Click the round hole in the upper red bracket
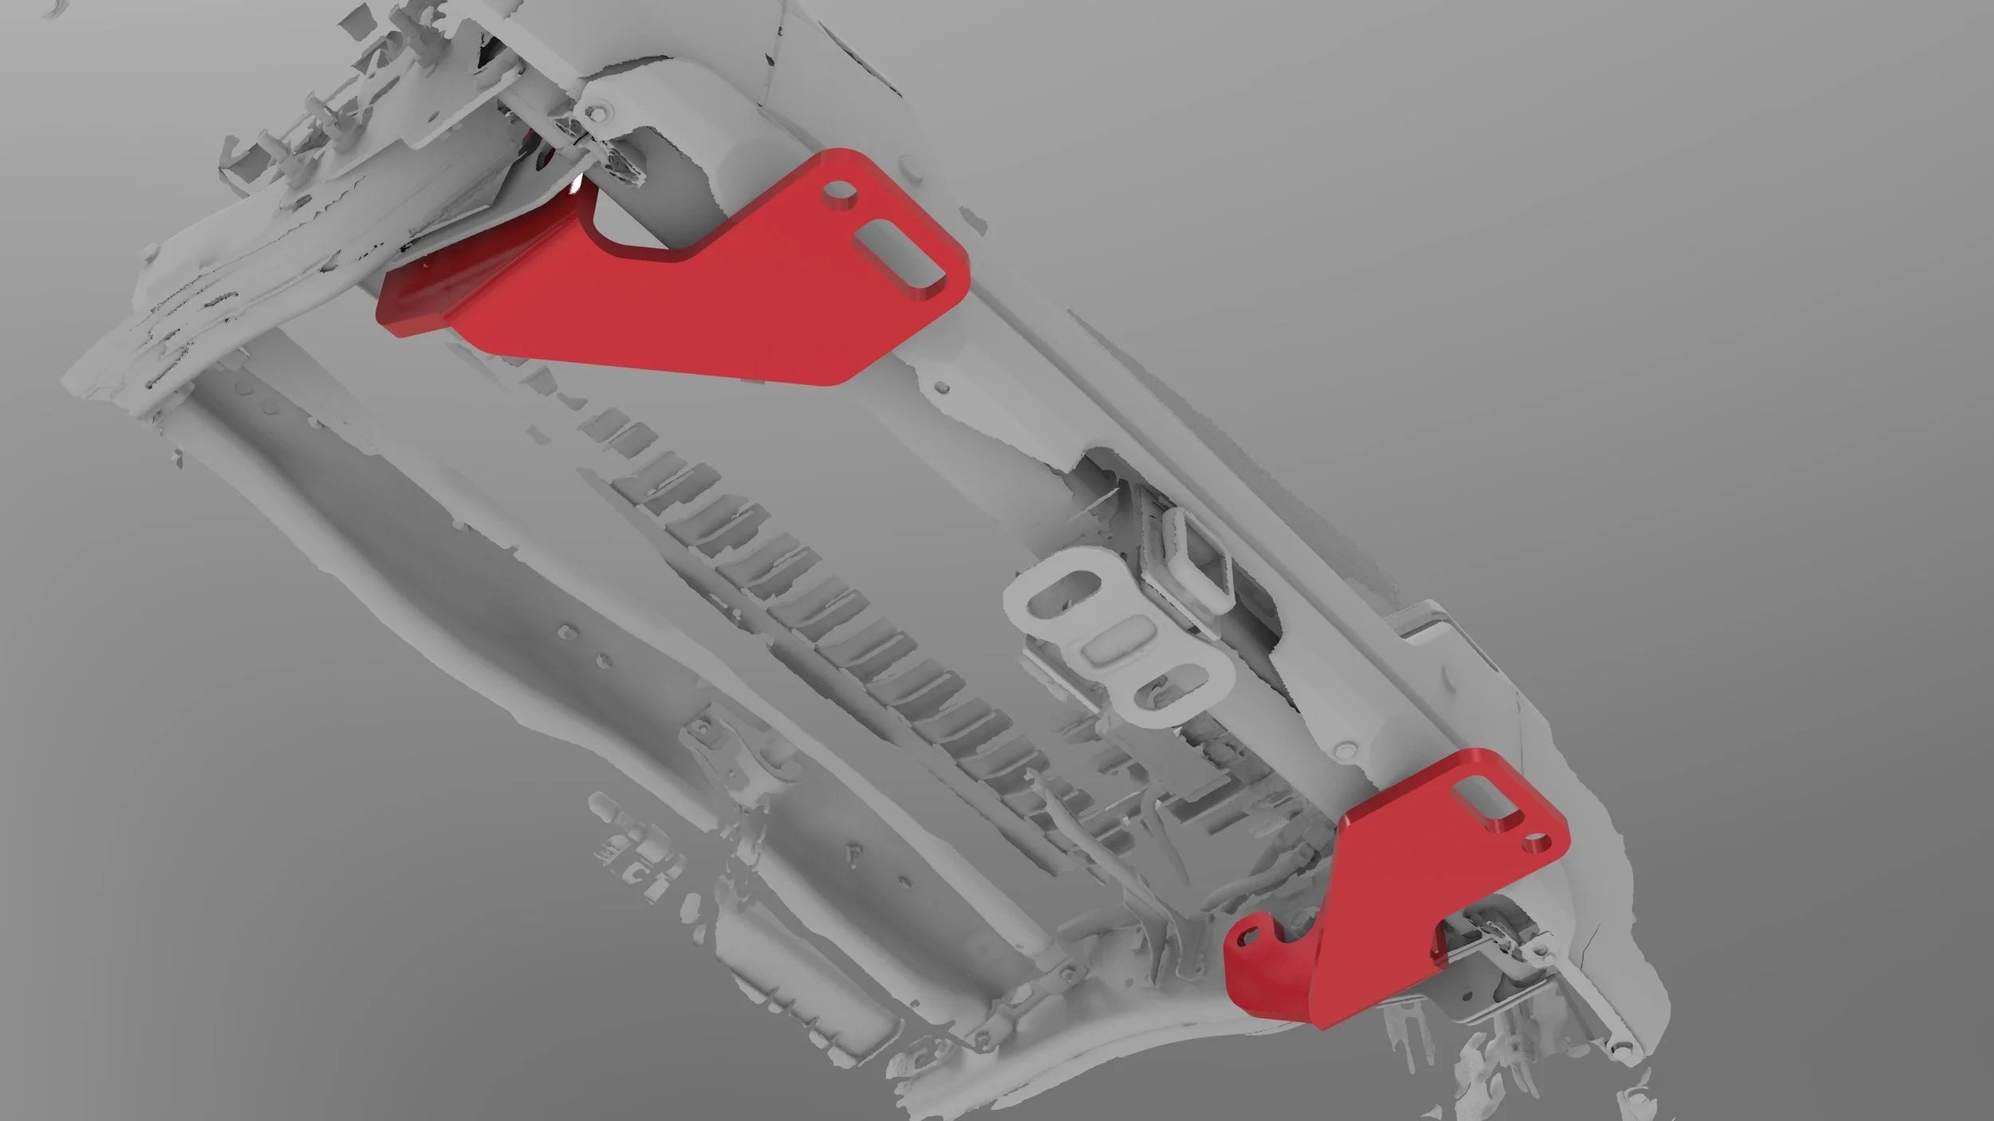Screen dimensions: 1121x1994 point(840,192)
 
